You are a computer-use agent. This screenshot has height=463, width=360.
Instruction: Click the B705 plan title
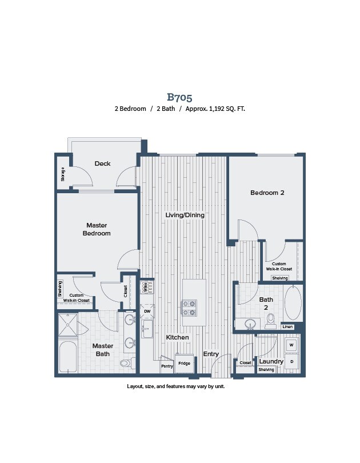(x=179, y=97)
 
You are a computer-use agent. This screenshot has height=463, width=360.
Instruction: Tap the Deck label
(x=102, y=163)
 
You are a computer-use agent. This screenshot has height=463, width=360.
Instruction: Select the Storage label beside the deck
(x=62, y=174)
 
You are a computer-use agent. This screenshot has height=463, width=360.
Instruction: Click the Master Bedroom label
(x=97, y=229)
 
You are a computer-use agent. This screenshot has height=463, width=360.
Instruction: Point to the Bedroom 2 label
(x=267, y=193)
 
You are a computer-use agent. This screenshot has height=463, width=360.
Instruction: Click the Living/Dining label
(x=185, y=215)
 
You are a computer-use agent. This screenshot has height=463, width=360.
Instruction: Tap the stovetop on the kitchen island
(x=189, y=308)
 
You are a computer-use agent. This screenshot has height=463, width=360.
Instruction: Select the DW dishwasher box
(x=147, y=311)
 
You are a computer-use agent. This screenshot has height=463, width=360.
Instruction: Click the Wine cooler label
(x=145, y=288)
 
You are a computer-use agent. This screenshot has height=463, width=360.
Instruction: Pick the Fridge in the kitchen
(x=184, y=364)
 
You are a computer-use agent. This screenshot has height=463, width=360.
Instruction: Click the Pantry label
(x=167, y=366)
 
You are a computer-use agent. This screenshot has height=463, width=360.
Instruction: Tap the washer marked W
(x=291, y=345)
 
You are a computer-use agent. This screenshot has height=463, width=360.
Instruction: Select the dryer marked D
(x=292, y=361)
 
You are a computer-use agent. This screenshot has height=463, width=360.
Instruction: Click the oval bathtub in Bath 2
(x=293, y=302)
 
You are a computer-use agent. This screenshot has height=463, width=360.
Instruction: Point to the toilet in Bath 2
(x=270, y=321)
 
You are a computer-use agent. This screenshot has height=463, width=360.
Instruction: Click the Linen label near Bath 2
(x=287, y=326)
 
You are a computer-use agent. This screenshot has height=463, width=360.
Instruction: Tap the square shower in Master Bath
(x=68, y=325)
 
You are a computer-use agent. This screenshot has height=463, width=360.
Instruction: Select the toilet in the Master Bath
(x=127, y=362)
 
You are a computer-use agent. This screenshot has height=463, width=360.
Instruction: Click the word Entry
(x=211, y=354)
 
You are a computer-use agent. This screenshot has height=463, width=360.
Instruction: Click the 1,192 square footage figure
(x=217, y=109)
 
